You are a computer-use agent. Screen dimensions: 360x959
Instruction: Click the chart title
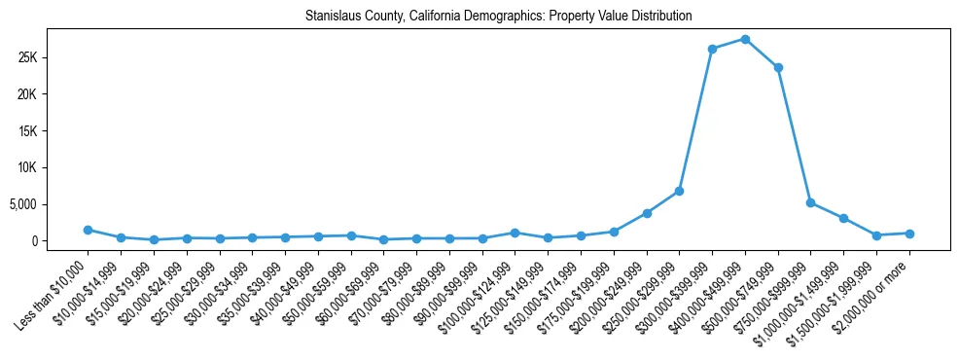point(498,16)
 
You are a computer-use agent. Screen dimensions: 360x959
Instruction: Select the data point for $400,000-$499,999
point(745,39)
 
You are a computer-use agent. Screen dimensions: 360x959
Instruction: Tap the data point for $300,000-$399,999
point(712,49)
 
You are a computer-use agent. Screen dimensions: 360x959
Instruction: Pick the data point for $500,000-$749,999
point(778,67)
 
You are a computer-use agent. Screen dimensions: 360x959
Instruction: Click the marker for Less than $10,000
point(88,230)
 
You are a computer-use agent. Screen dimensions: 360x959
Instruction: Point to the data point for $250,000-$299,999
point(679,191)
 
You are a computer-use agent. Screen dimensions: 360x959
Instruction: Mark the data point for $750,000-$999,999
point(810,202)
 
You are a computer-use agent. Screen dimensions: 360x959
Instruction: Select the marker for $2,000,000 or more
point(909,234)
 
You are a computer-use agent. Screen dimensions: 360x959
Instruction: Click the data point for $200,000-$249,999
point(647,213)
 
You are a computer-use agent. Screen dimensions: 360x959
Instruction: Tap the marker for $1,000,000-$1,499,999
point(843,218)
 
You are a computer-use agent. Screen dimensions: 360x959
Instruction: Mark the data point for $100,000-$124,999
point(515,233)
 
